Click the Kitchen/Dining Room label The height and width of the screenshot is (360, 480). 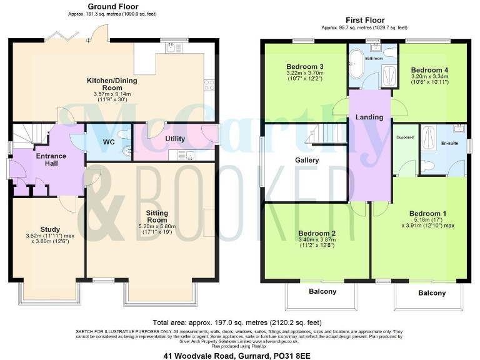112,84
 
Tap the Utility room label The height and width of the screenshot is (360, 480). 175,139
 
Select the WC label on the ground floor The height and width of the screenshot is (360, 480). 108,142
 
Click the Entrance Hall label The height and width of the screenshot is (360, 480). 51,159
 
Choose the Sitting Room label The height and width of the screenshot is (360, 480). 157,216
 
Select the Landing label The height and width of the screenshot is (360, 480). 369,117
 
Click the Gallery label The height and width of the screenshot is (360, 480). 307,160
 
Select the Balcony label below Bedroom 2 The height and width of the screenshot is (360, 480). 322,292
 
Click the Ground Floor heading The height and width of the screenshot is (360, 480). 108,7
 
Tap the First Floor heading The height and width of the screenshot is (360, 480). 364,20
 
